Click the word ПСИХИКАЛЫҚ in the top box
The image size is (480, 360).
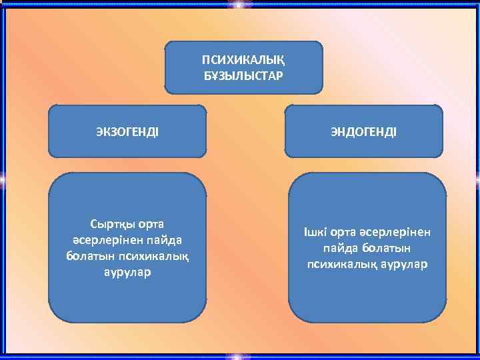click(x=243, y=61)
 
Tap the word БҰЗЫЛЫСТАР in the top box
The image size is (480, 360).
click(x=243, y=75)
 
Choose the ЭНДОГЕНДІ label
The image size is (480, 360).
click(x=364, y=131)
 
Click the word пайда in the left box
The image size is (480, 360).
click(x=163, y=239)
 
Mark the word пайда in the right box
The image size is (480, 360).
click(x=339, y=248)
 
